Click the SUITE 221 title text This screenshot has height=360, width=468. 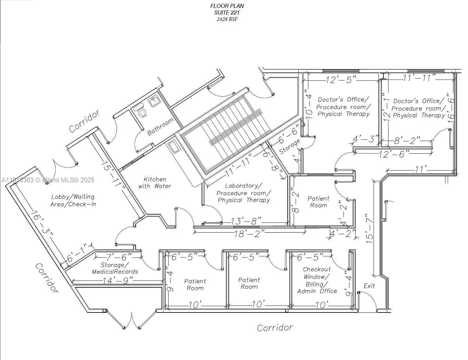227,13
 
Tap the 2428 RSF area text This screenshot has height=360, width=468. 227,19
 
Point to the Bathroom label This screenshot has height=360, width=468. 161,127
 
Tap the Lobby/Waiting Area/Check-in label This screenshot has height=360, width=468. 73,201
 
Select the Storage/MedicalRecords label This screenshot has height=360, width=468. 115,268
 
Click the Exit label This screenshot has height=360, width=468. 369,286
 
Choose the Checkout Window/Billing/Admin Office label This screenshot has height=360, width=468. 317,280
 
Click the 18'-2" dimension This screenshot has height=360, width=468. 249,234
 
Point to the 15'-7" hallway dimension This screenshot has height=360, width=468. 369,228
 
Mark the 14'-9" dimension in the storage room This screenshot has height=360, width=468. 117,281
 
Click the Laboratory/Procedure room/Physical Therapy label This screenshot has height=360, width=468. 244,193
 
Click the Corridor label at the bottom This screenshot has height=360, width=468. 275,327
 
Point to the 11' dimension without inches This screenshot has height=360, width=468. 420,169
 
